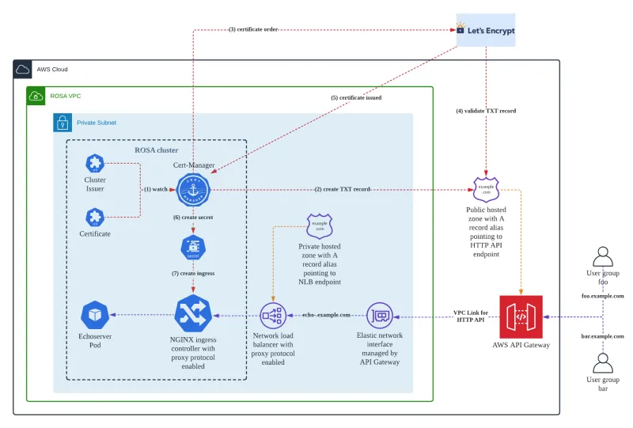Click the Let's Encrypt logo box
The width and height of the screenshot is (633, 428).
click(x=486, y=30)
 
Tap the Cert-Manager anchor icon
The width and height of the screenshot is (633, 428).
click(x=191, y=190)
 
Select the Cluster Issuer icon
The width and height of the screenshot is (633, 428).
click(x=95, y=164)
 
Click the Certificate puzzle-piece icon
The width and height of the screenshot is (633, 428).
click(x=95, y=217)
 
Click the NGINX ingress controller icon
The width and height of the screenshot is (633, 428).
click(x=193, y=315)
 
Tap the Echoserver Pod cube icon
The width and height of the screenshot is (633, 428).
click(x=95, y=315)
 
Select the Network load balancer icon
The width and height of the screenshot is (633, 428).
click(x=274, y=315)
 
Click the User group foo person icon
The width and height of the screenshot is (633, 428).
click(x=603, y=258)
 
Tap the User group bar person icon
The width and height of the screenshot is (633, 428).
click(x=603, y=363)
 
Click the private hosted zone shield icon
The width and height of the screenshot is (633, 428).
click(x=320, y=226)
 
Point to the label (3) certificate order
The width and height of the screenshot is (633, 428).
click(x=252, y=29)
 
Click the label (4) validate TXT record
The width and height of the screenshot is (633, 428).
click(x=486, y=111)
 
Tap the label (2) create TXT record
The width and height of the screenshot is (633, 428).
click(x=343, y=190)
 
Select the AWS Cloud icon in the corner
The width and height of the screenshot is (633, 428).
click(x=23, y=70)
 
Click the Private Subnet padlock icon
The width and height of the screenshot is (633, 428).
click(x=63, y=123)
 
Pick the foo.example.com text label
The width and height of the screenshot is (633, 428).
click(x=603, y=296)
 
